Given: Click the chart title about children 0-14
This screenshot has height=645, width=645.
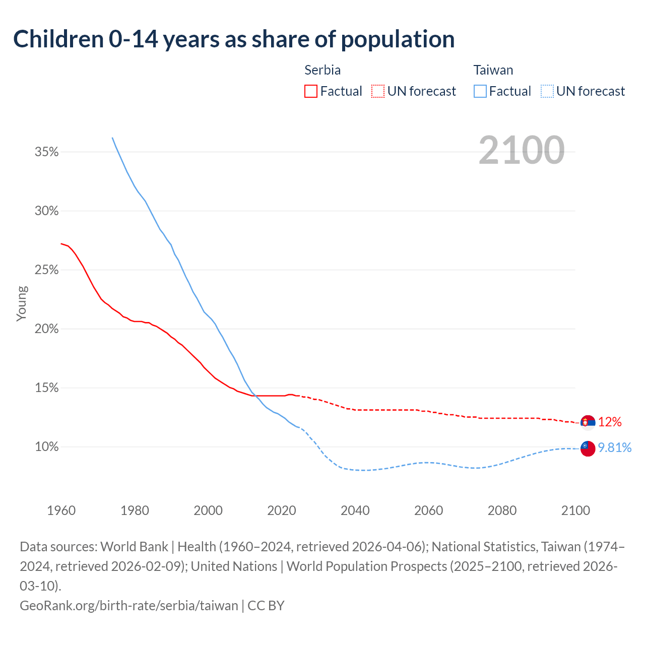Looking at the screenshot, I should pos(234,39).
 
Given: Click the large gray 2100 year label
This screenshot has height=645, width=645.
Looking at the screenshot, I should pos(521,150).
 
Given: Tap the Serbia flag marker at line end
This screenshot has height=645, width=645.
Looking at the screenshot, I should pos(588,422).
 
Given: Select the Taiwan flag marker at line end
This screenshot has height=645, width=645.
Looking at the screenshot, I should pos(588,448).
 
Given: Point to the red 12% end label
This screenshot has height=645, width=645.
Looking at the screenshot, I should pos(610,422).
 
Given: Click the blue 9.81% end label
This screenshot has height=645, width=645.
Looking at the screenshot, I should pos(614,447).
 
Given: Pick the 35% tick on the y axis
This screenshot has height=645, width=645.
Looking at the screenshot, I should pos(47,152).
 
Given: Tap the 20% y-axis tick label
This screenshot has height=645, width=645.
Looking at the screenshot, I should pos(47,329).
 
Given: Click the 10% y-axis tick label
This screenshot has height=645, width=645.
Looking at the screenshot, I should pos(47,447).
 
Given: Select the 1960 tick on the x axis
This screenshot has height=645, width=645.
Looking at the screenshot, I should pos(61,510).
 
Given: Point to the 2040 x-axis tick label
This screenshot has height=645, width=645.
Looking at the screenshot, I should pos(355,510).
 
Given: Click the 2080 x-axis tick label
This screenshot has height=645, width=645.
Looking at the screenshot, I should pos(502,510).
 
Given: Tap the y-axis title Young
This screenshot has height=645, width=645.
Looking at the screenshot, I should pos(22,303).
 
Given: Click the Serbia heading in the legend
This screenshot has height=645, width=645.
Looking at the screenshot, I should pos(322,70).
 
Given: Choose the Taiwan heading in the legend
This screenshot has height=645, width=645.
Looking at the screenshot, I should pos(493,70).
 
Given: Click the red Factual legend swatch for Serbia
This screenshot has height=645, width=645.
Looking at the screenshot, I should pos(311,91).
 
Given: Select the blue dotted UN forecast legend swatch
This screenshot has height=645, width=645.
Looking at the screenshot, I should pos(547,91).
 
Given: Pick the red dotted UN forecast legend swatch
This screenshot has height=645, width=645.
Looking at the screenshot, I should pos(378,91).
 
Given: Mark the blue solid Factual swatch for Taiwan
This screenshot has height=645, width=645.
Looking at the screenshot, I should pos(480,91).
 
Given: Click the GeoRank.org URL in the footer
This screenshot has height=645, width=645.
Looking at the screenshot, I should pos(128,605).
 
